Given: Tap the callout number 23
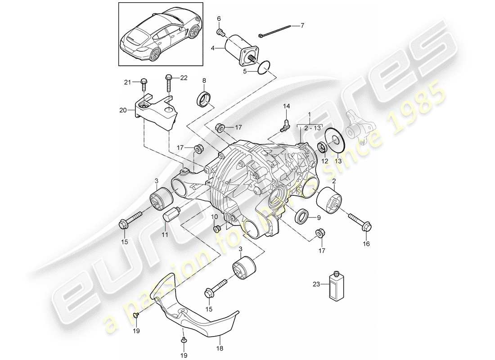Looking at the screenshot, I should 315,284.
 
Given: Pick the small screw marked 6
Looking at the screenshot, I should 220,32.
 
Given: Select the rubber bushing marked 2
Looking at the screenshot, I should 329,202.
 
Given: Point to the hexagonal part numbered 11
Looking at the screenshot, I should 171,214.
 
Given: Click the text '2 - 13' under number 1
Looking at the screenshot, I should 305,128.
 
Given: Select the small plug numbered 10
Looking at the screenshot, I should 216,229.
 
